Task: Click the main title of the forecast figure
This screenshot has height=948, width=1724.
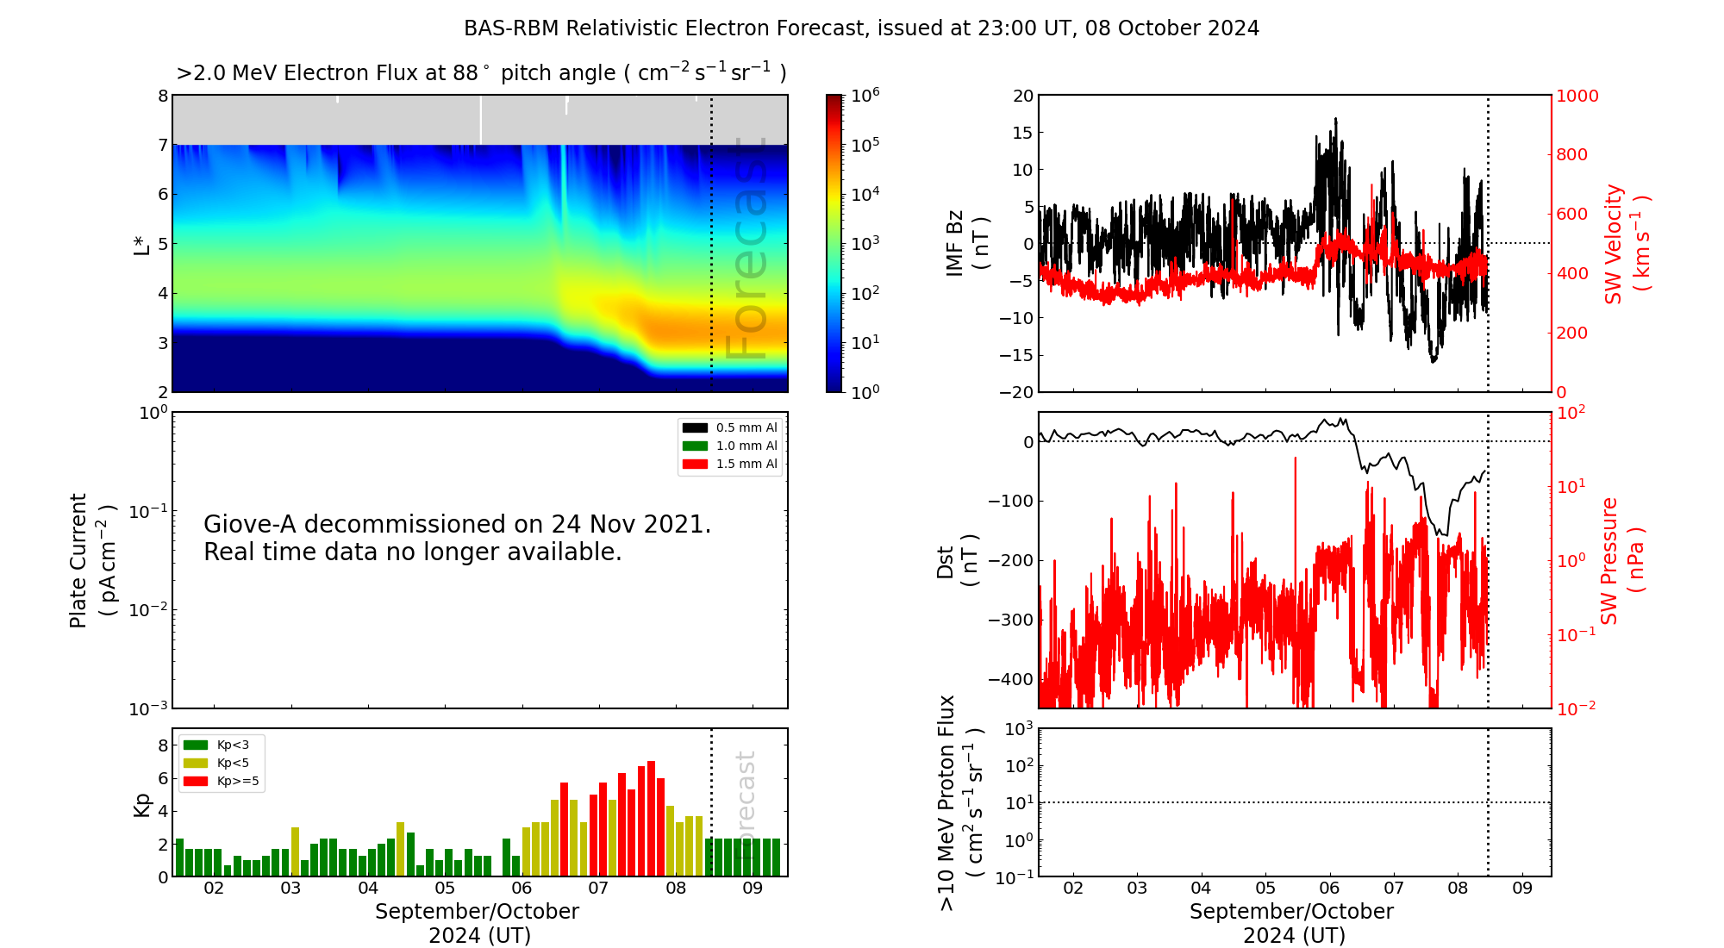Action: [861, 28]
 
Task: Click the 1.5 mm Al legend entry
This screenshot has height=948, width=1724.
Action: [746, 464]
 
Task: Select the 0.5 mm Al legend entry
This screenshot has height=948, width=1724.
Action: [746, 427]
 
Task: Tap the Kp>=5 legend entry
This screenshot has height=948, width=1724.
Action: [237, 782]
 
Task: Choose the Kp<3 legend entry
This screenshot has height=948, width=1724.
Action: [232, 745]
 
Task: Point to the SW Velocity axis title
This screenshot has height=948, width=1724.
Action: [1626, 243]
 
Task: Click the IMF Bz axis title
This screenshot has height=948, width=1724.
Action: [967, 243]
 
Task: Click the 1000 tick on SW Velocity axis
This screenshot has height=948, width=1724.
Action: [1577, 96]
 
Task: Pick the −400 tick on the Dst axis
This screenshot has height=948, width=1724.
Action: [1010, 679]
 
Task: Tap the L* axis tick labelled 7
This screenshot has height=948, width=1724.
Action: [163, 145]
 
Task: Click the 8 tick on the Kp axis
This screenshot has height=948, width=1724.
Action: [163, 745]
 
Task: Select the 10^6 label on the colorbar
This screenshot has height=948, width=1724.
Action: [865, 95]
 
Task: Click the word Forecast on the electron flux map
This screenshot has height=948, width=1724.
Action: [746, 250]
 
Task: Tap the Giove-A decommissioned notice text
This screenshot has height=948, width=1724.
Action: [457, 538]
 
